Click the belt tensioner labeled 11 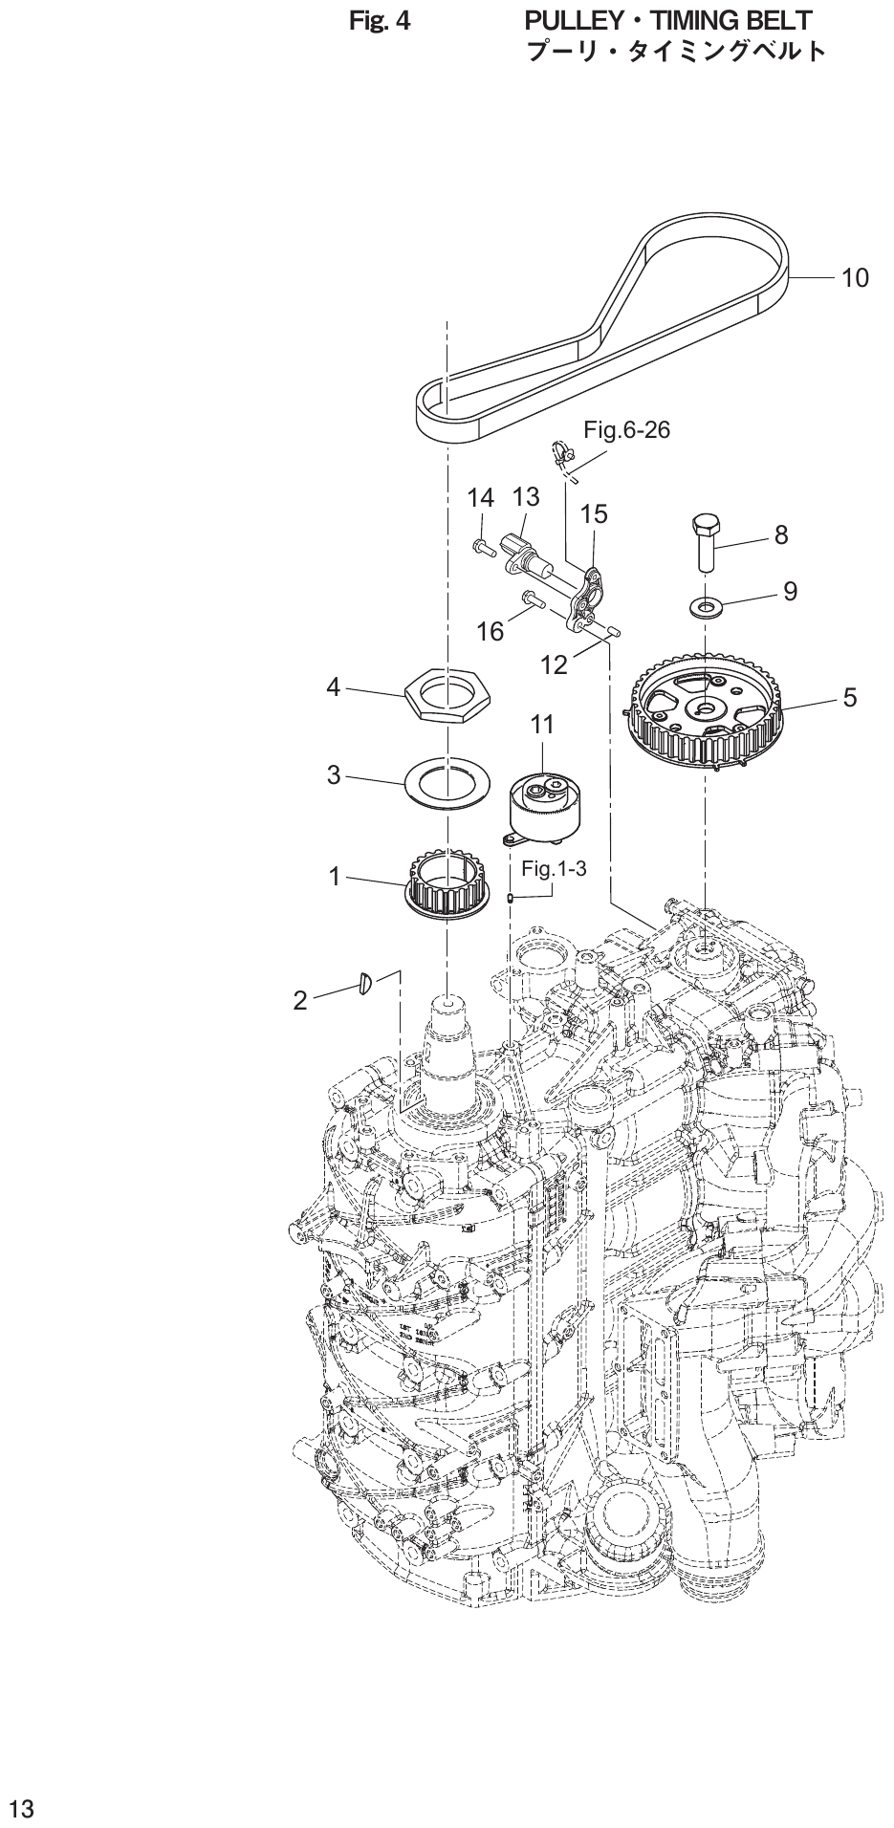click(544, 805)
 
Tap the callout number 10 click(855, 277)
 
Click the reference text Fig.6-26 click(626, 430)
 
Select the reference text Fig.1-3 click(554, 869)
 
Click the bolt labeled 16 click(533, 601)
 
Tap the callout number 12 click(555, 664)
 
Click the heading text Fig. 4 click(380, 20)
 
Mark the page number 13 click(21, 1809)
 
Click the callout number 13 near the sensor click(526, 497)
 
